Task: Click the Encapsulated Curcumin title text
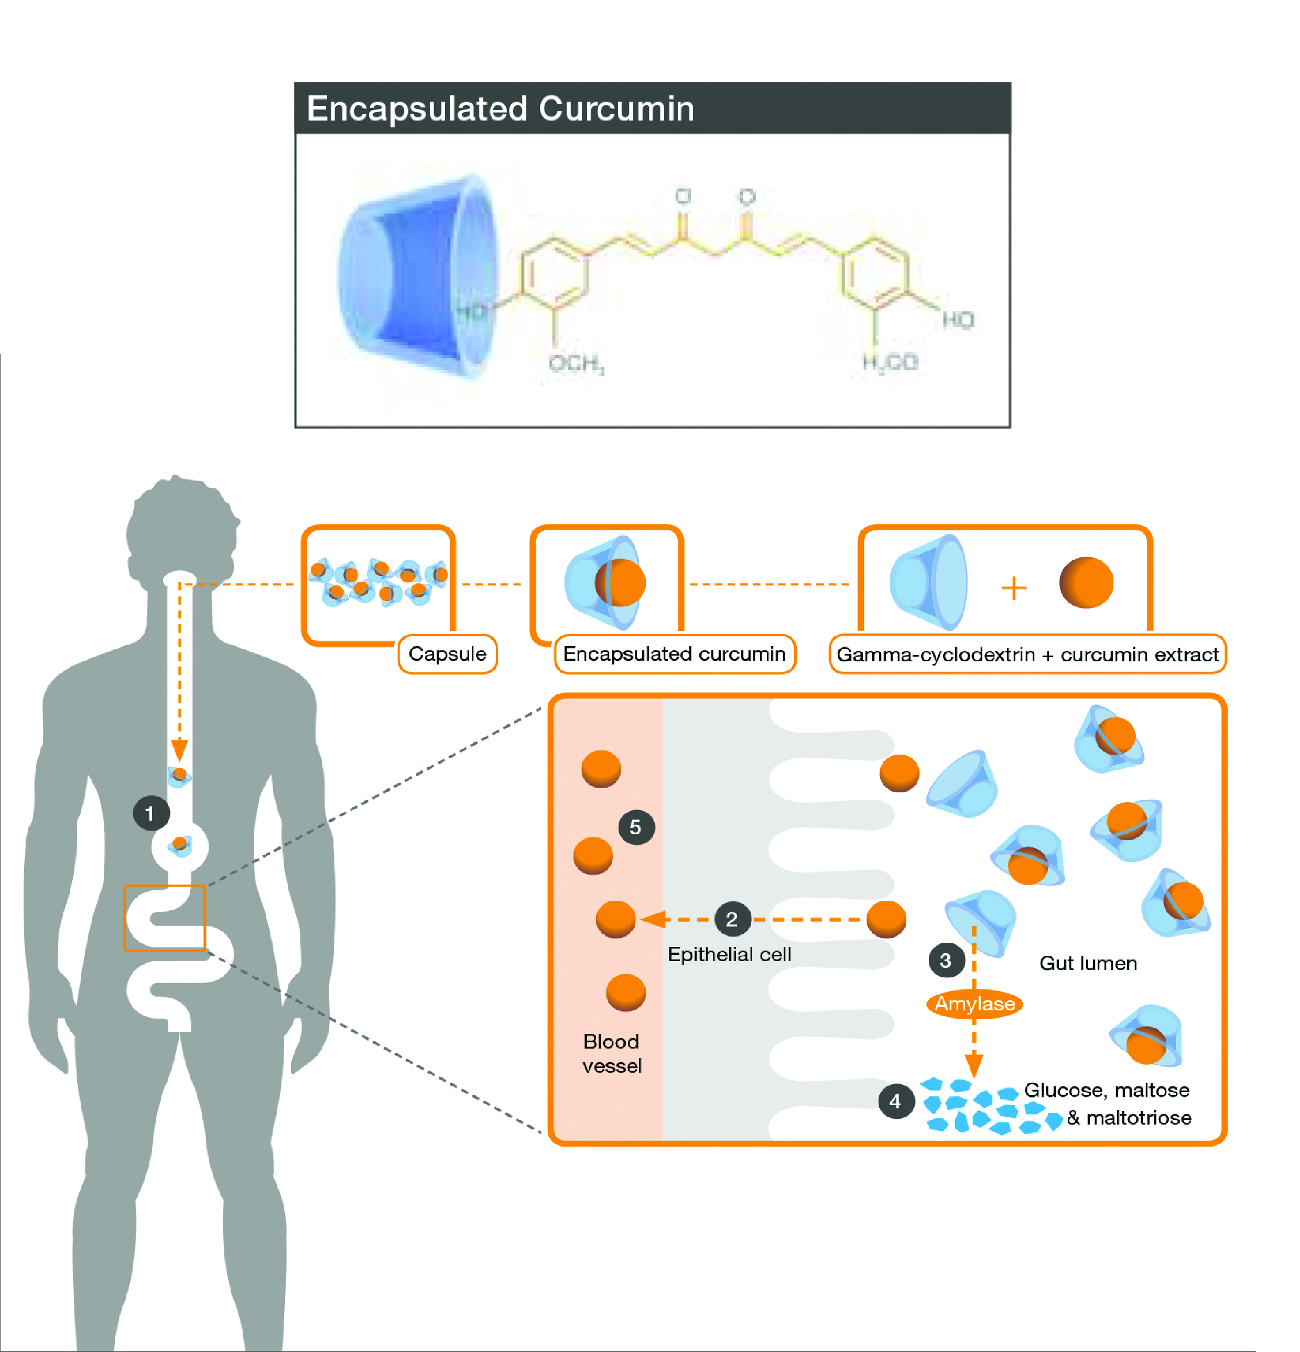(500, 109)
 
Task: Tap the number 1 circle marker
(151, 813)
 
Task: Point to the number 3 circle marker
(945, 960)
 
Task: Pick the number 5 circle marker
(635, 826)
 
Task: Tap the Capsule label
(447, 654)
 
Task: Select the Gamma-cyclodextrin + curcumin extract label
(1027, 654)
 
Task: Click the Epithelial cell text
(729, 955)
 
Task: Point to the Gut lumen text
(1088, 963)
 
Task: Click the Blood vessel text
(611, 1053)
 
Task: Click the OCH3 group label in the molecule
(576, 363)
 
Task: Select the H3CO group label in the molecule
(890, 362)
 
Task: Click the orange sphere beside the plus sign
(1086, 583)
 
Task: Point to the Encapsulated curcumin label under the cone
(674, 654)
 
